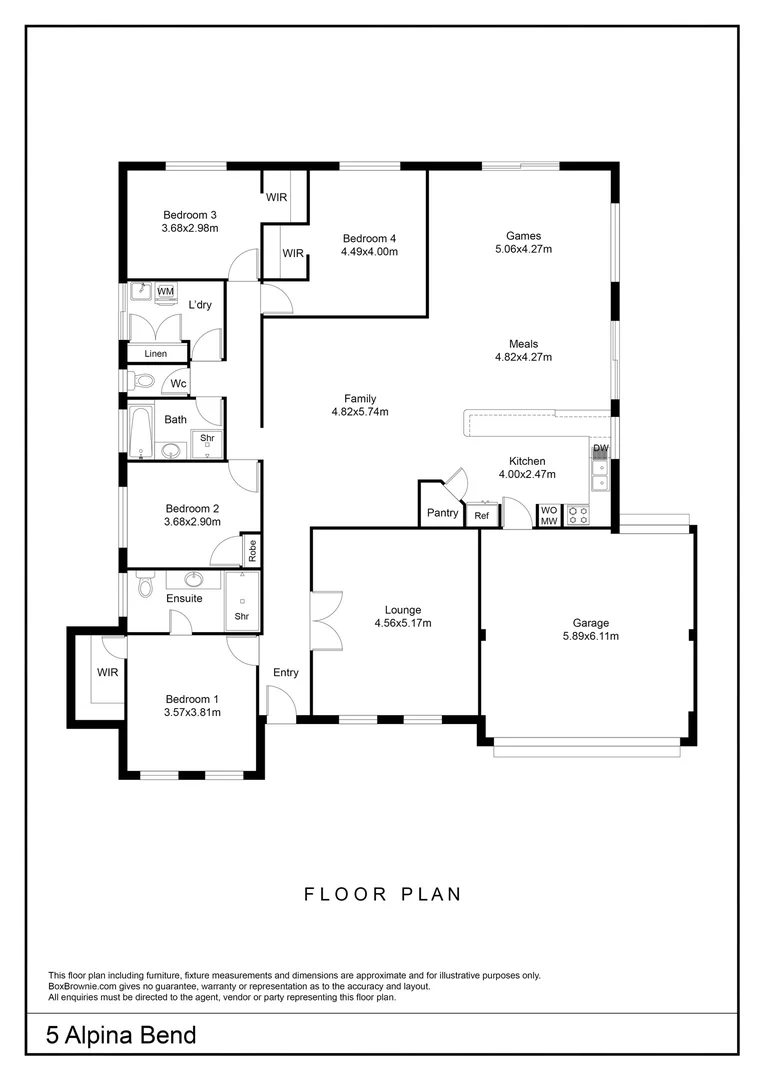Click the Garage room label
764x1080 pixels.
tap(590, 623)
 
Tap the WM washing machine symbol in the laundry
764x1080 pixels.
tap(165, 292)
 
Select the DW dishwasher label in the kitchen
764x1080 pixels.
tap(601, 448)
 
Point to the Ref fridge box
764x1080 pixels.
tap(482, 515)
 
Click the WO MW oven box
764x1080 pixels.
tap(549, 515)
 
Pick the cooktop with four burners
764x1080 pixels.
tap(577, 516)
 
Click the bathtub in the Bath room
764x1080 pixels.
tap(141, 433)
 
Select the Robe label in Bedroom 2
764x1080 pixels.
tap(252, 549)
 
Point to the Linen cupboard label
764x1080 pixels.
tap(156, 354)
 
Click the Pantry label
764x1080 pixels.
tap(442, 512)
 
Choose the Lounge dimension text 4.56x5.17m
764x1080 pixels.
tap(403, 623)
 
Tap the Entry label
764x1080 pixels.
tap(286, 672)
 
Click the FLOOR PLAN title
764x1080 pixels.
tap(383, 894)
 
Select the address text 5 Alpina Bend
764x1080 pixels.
tap(121, 1035)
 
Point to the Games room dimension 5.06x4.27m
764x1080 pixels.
tap(524, 249)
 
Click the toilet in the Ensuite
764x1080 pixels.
tap(145, 585)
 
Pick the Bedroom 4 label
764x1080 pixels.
tap(369, 238)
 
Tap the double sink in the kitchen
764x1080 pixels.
tap(601, 475)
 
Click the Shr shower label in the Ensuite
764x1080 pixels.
tap(242, 616)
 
